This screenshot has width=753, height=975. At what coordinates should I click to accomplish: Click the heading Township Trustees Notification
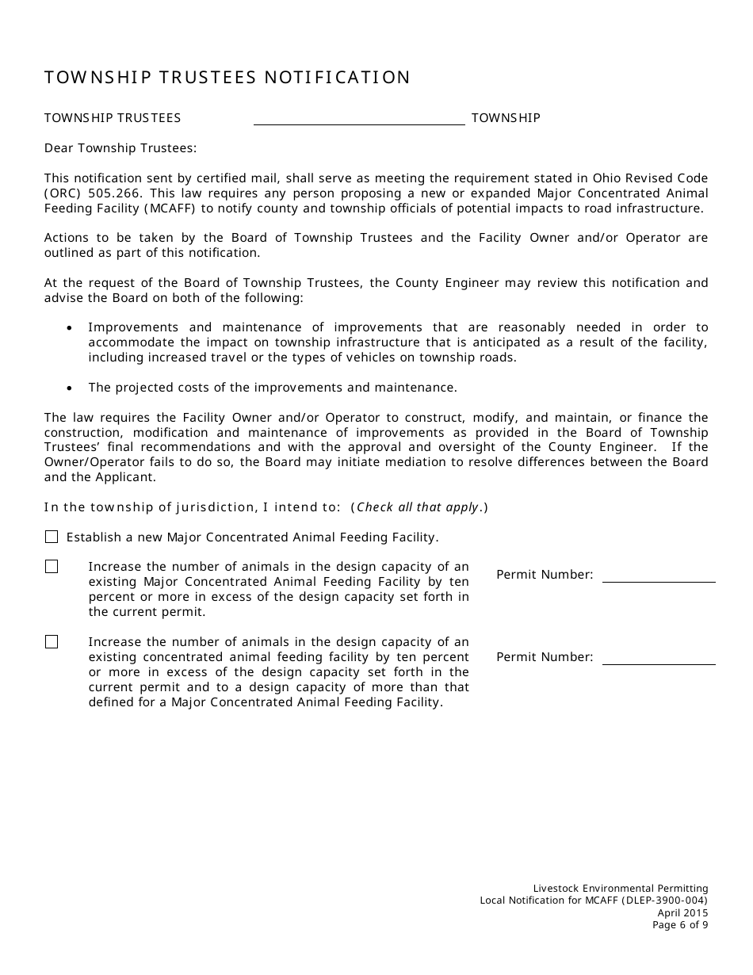point(227,78)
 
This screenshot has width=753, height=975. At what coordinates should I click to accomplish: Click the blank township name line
point(359,119)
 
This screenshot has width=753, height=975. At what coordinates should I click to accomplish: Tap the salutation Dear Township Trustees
point(120,147)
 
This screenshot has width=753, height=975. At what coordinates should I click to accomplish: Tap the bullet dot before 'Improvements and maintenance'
point(71,328)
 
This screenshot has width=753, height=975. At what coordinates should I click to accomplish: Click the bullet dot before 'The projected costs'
point(71,388)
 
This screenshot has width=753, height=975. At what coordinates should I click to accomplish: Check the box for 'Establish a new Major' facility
point(52,537)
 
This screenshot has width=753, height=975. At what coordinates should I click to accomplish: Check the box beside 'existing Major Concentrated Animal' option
point(52,567)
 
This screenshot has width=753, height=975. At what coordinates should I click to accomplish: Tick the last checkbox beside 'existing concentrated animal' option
point(52,642)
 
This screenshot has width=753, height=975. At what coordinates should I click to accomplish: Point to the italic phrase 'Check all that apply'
point(418,507)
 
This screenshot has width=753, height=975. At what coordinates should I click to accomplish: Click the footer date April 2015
point(682,912)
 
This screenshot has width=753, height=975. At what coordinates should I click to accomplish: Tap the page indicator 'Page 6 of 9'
point(680,924)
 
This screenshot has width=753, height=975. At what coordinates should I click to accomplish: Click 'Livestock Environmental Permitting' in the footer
point(621,889)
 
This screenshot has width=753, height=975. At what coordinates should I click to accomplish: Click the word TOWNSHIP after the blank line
point(506,118)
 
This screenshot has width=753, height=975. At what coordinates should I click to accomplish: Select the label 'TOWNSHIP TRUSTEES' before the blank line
point(113,118)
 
